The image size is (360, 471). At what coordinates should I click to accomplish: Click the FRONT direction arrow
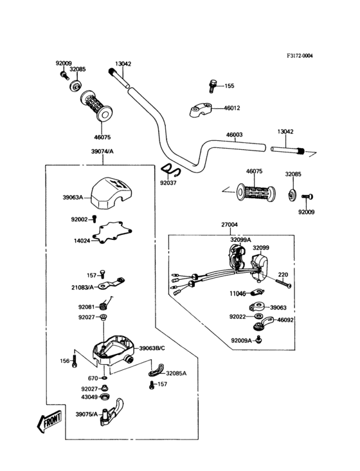50,421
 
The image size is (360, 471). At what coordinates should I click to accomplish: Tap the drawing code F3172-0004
300,56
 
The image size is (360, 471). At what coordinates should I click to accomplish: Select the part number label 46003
234,135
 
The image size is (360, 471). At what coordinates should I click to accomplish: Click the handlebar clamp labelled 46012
201,109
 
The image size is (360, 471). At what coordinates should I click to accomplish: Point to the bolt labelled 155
213,86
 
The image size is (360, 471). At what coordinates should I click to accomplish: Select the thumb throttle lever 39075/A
112,412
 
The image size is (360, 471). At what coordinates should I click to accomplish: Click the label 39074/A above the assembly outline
102,151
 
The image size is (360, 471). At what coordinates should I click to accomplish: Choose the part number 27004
230,225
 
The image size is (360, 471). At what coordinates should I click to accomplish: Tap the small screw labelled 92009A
258,340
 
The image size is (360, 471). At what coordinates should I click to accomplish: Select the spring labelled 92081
104,305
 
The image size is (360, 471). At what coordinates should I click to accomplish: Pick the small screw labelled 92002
94,218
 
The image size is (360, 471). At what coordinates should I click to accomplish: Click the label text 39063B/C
152,349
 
